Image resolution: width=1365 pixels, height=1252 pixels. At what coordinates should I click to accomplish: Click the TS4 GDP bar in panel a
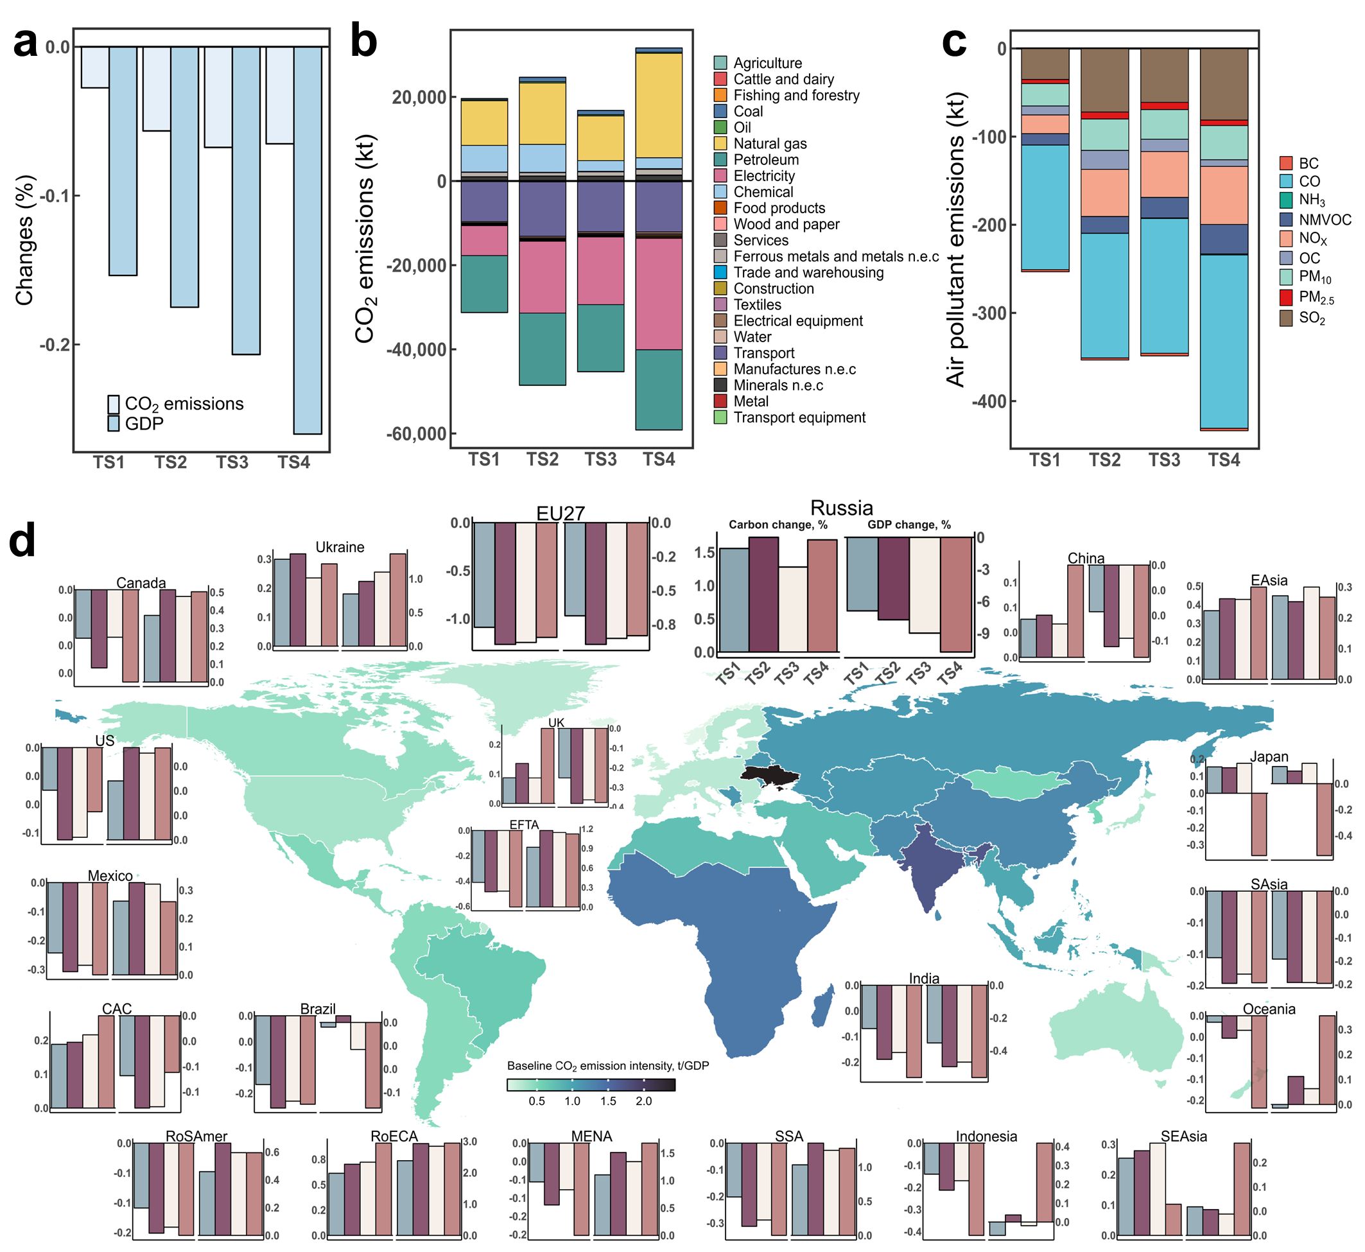click(308, 240)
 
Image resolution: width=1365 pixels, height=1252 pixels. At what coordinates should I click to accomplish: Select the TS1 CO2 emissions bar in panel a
click(95, 67)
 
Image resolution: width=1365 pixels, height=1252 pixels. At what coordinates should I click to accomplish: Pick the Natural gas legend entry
click(770, 144)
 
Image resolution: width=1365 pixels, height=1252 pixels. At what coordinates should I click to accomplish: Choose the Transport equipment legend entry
click(799, 417)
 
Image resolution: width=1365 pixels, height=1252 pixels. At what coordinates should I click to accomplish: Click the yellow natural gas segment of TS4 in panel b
click(659, 105)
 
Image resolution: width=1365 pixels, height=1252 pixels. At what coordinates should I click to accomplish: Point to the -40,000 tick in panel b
click(415, 349)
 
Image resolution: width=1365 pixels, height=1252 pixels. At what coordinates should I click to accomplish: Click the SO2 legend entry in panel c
click(1311, 318)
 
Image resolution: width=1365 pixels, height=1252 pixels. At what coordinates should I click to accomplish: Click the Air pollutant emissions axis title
click(955, 241)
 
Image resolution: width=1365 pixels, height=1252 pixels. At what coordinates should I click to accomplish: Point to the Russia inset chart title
click(841, 508)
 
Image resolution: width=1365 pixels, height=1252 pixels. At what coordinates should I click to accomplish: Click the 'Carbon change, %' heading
click(778, 525)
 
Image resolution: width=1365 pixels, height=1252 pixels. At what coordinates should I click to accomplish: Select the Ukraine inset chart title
click(340, 548)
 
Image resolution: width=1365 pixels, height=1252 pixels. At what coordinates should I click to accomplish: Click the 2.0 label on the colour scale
click(643, 1102)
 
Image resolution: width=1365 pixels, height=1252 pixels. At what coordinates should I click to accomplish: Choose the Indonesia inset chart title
click(986, 1137)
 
